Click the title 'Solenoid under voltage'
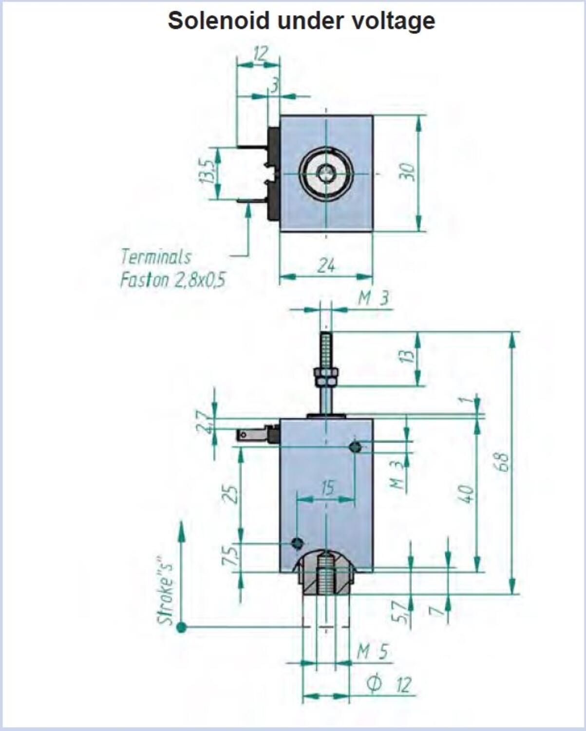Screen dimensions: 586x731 coord(302,21)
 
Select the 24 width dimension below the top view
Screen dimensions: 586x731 coord(326,265)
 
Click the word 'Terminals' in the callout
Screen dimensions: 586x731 coord(156,257)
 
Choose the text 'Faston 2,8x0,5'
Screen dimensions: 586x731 coord(173,280)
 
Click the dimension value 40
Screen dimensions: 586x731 coord(467,494)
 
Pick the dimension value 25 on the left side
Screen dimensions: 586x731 coord(231,494)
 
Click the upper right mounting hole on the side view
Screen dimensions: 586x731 coord(355,447)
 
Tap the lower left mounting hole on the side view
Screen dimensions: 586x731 coord(298,543)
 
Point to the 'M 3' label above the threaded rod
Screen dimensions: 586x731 coord(374,299)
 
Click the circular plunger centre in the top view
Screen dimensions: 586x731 coord(326,173)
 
